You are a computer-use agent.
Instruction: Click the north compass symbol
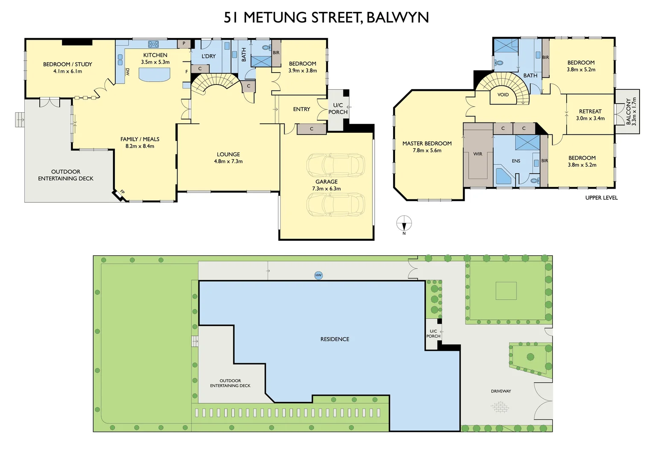[x=404, y=223]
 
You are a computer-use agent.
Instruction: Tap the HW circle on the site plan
[x=318, y=275]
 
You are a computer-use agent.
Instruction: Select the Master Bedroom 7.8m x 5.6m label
[x=427, y=147]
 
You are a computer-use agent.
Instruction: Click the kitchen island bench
[x=154, y=75]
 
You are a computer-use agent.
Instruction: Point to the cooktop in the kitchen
[x=154, y=44]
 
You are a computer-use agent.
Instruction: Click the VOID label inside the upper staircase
[x=503, y=95]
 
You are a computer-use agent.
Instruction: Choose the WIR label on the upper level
[x=478, y=154]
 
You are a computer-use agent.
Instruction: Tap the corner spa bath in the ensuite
[x=503, y=176]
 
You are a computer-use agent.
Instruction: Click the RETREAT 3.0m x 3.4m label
[x=590, y=115]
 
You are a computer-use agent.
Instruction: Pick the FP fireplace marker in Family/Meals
[x=122, y=193]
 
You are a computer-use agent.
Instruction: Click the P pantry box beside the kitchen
[x=184, y=44]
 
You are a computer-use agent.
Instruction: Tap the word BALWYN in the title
[x=397, y=18]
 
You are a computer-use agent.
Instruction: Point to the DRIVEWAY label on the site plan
[x=501, y=391]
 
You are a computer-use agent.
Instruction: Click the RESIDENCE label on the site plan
[x=335, y=339]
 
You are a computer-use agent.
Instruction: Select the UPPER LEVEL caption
[x=601, y=198]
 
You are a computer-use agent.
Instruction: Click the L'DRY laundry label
[x=209, y=56]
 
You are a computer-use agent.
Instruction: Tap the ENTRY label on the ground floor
[x=301, y=109]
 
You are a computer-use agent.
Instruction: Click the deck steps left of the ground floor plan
[x=20, y=120]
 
